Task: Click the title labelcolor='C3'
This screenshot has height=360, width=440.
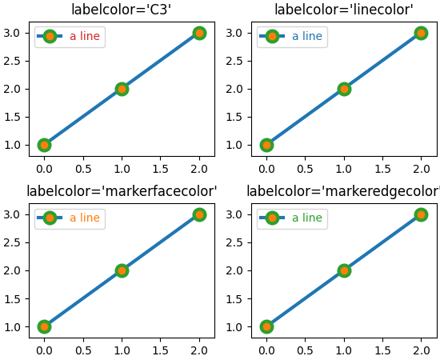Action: point(121,10)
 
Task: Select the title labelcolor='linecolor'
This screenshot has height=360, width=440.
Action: point(343,10)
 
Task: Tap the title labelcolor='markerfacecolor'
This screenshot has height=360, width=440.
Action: point(122,191)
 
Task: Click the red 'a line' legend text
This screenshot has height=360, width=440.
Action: point(85,36)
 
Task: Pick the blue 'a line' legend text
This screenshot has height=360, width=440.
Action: point(307,36)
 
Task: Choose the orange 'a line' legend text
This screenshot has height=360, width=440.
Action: point(85,218)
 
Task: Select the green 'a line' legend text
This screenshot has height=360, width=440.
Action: point(307,218)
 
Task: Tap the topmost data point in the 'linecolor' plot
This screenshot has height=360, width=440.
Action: point(421,33)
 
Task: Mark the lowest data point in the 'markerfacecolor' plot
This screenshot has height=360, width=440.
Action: point(44,326)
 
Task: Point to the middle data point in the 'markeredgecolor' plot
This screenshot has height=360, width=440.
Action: point(344,270)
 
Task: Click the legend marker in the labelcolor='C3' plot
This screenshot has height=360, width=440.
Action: point(50,36)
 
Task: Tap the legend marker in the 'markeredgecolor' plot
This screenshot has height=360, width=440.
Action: point(272,218)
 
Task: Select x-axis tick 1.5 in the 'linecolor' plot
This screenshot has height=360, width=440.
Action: point(382,169)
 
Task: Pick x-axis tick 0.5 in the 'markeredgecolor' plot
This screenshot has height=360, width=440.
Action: point(305,350)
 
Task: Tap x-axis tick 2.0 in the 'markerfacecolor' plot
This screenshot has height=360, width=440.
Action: point(199,350)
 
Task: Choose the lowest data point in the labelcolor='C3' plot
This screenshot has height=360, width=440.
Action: point(44,145)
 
